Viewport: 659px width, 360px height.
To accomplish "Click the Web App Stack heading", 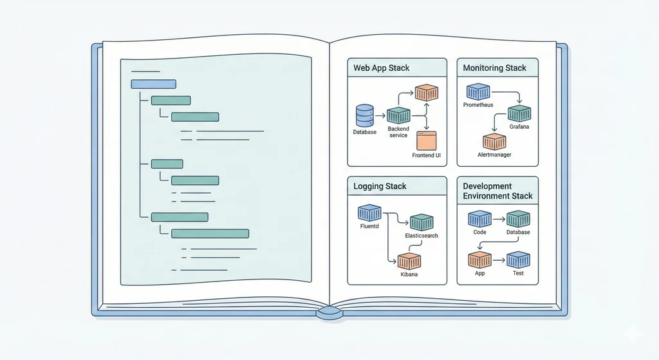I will pyautogui.click(x=382, y=68).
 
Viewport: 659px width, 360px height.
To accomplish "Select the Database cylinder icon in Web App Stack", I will pyautogui.click(x=364, y=116).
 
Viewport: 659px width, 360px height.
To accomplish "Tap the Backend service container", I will pyautogui.click(x=398, y=115).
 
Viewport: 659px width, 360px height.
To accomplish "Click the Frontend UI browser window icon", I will pyautogui.click(x=427, y=141).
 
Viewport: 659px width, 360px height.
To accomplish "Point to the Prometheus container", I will pyautogui.click(x=478, y=91).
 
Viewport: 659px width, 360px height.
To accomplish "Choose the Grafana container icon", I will pyautogui.click(x=519, y=114).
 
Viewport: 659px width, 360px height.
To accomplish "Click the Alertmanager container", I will pyautogui.click(x=494, y=142).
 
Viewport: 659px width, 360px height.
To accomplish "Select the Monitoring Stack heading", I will pyautogui.click(x=494, y=68).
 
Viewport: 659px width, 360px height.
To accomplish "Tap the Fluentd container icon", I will pyautogui.click(x=370, y=213).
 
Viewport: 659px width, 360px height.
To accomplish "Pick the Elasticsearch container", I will pyautogui.click(x=422, y=223).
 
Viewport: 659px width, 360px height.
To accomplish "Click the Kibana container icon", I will pyautogui.click(x=409, y=261).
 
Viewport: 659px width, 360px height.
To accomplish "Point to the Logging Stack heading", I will pyautogui.click(x=380, y=186).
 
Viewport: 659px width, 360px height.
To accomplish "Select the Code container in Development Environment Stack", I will pyautogui.click(x=479, y=220).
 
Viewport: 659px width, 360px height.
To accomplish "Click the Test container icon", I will pyautogui.click(x=518, y=260).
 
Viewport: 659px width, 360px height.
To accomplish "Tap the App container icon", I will pyautogui.click(x=479, y=260).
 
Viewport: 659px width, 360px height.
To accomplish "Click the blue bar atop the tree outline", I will pyautogui.click(x=153, y=84).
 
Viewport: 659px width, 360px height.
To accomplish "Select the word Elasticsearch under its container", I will pyautogui.click(x=422, y=236).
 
